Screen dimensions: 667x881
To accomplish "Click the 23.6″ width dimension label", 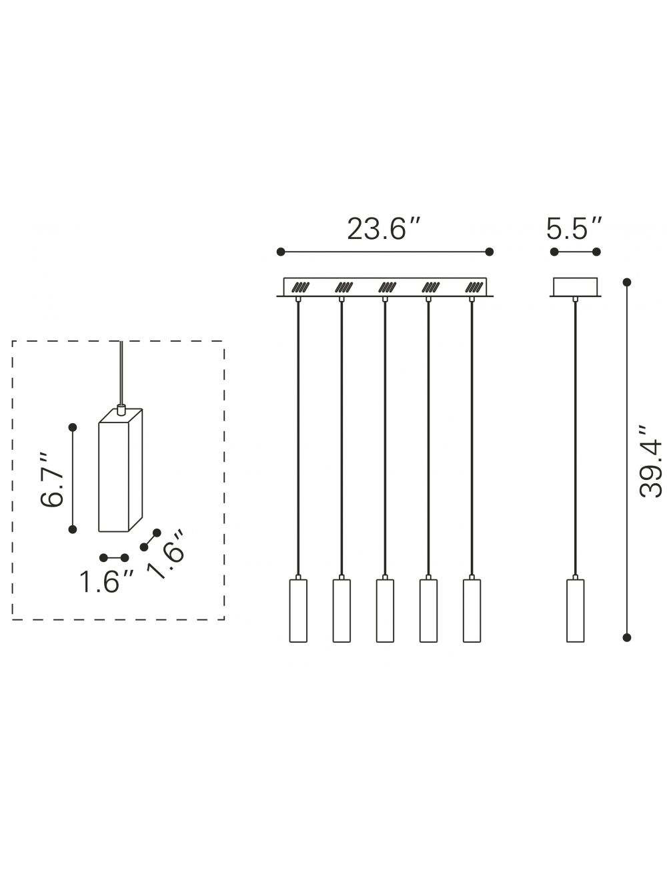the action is (384, 229).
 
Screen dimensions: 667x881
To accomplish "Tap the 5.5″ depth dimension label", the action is (574, 229).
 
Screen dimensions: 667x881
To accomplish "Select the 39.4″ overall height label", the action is (650, 463).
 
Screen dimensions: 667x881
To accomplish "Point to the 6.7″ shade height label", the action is (52, 480).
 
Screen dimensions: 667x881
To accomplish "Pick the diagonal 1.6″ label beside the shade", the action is (165, 555).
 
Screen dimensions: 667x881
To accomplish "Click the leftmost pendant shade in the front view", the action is (298, 610).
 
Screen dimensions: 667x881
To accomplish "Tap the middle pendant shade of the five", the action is (385, 610).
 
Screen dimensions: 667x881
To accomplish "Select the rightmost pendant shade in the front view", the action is (472, 610).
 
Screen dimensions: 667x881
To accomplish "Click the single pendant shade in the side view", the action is (575, 610).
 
